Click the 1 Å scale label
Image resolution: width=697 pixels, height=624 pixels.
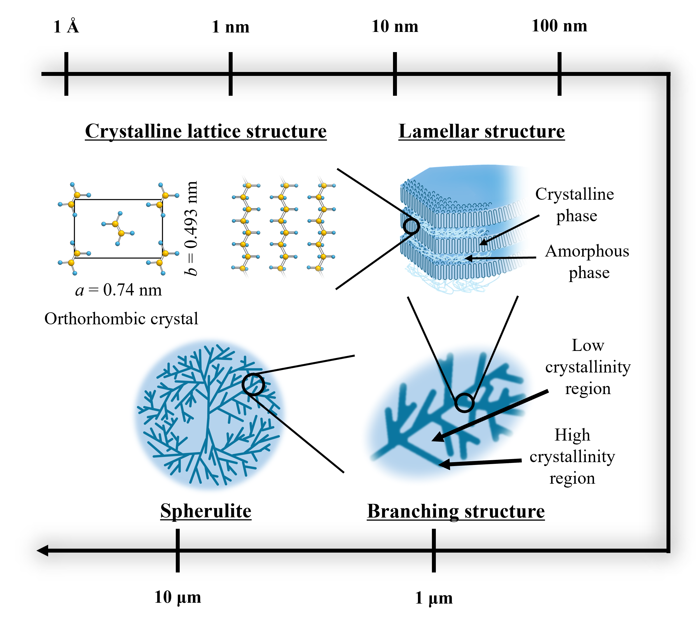pyautogui.click(x=66, y=26)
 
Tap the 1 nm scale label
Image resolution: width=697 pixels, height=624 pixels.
pyautogui.click(x=231, y=27)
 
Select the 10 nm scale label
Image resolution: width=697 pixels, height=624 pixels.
pyautogui.click(x=395, y=26)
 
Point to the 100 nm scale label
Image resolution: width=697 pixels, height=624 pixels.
pyautogui.click(x=559, y=26)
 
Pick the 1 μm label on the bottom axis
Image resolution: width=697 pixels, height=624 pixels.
pyautogui.click(x=434, y=598)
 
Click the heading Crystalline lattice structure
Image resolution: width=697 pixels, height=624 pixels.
pyautogui.click(x=206, y=131)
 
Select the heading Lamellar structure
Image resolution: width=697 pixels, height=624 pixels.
pyautogui.click(x=481, y=131)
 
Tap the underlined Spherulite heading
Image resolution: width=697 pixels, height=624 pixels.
pyautogui.click(x=206, y=511)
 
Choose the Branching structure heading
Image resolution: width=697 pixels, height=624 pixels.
pyautogui.click(x=456, y=511)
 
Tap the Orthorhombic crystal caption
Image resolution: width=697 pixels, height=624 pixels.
pyautogui.click(x=121, y=319)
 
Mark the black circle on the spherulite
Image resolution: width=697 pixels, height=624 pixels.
pyautogui.click(x=253, y=384)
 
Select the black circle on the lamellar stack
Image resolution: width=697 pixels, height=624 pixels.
pyautogui.click(x=411, y=227)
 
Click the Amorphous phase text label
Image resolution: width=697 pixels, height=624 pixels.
pyautogui.click(x=587, y=262)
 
